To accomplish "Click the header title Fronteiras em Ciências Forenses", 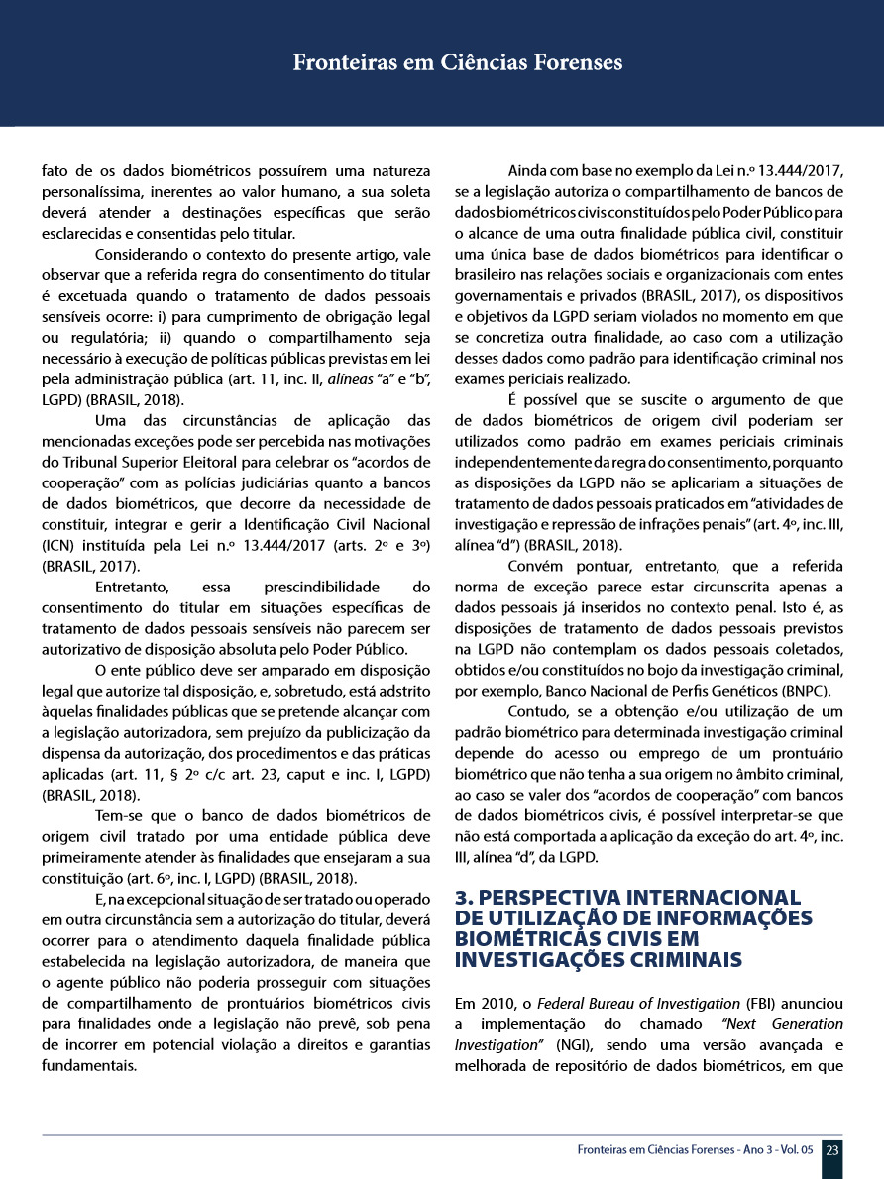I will click(x=457, y=63).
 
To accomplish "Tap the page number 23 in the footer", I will click(x=832, y=1150).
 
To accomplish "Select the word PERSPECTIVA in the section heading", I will click(x=535, y=898).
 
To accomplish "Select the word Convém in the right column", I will click(x=539, y=567).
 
